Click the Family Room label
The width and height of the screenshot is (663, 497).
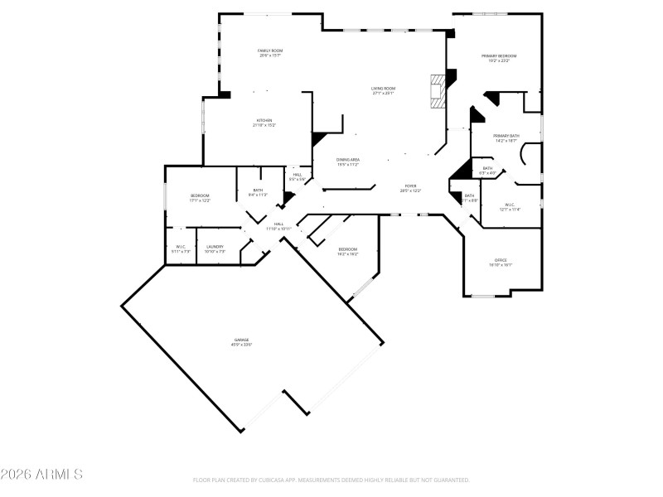click(x=270, y=53)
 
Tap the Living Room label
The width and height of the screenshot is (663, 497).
click(x=383, y=90)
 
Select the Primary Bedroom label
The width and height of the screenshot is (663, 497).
click(x=499, y=58)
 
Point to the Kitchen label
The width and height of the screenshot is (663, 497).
click(x=264, y=123)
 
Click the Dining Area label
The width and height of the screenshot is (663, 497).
click(x=348, y=162)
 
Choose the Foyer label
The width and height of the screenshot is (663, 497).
click(x=410, y=188)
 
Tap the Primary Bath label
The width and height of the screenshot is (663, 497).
click(x=506, y=138)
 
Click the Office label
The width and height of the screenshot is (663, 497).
click(x=501, y=263)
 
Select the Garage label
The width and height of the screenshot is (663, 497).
click(x=241, y=342)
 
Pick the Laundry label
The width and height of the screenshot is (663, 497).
click(x=215, y=248)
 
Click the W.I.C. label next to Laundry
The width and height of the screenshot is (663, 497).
click(x=181, y=248)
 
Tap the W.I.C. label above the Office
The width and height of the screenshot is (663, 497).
click(x=509, y=207)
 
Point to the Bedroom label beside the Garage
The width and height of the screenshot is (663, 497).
click(x=348, y=251)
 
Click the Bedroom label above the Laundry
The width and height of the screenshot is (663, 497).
click(x=200, y=198)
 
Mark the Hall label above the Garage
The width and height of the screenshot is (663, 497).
click(x=279, y=226)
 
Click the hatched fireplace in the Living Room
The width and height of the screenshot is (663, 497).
click(x=436, y=92)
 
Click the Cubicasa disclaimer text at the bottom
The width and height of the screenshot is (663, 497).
click(x=331, y=480)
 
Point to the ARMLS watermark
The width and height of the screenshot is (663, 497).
click(x=41, y=475)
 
